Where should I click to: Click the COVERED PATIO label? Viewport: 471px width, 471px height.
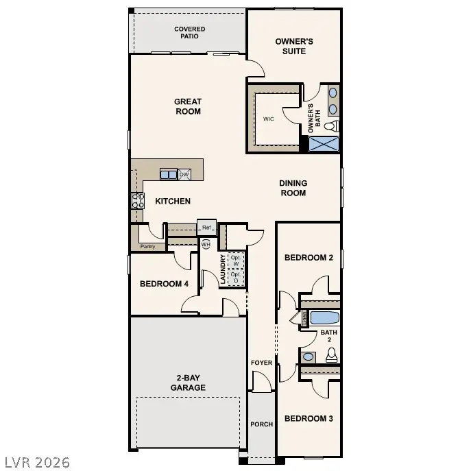tap(189, 32)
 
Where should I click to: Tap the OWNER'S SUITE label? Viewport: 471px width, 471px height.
tap(294, 46)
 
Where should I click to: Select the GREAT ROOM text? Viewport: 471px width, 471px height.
tap(188, 106)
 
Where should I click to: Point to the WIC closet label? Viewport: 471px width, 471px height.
tap(269, 119)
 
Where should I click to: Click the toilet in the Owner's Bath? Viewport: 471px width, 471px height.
tap(331, 126)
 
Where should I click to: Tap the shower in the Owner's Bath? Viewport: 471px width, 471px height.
tap(324, 144)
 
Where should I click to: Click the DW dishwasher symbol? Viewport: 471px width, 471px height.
tap(184, 175)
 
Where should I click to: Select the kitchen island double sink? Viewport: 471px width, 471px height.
tap(169, 175)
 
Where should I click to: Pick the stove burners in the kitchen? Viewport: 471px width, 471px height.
tap(138, 200)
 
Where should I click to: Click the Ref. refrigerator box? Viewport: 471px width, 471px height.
tap(206, 228)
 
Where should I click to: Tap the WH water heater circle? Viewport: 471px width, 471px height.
tap(206, 244)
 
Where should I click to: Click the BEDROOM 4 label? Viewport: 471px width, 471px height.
tap(164, 284)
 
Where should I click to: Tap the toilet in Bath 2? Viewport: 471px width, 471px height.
tap(331, 354)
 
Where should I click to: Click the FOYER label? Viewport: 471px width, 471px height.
tap(261, 363)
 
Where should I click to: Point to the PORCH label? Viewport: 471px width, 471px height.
tap(261, 424)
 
